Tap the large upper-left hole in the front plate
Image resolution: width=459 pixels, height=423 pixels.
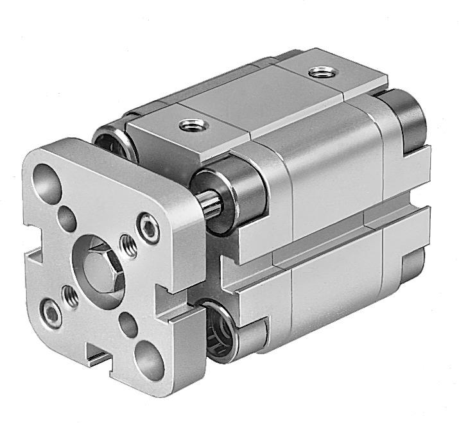[47, 178]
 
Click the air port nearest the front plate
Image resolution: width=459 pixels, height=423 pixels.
[189, 125]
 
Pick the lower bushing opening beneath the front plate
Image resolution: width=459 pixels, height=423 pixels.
[221, 327]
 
